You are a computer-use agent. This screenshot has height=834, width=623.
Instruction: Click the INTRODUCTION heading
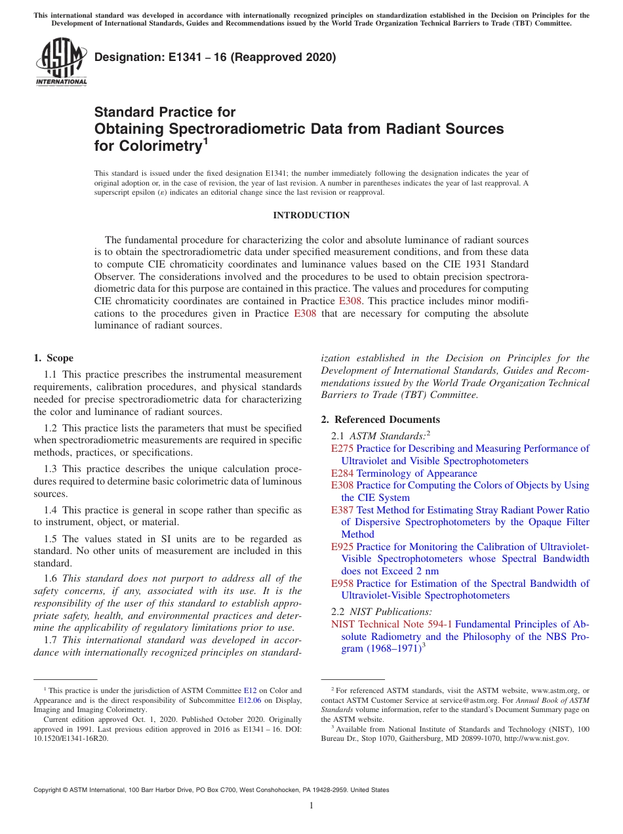tap(311, 215)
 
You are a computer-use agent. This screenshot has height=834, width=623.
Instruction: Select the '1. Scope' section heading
tap(53, 358)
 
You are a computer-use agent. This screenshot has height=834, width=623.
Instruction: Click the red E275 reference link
tap(342, 448)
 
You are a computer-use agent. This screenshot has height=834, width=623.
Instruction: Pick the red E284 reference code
tap(342, 473)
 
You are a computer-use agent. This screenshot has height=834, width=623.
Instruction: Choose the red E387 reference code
tap(342, 510)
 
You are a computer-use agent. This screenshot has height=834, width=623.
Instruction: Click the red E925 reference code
tap(342, 547)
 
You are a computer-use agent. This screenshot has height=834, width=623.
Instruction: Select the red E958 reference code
tap(342, 584)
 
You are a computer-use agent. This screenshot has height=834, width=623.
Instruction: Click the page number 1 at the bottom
tap(311, 806)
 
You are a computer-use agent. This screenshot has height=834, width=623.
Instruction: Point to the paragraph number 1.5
tap(51, 539)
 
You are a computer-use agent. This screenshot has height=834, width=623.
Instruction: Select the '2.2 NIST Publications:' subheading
tap(381, 612)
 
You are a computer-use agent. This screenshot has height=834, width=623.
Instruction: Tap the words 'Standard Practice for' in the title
tap(165, 112)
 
